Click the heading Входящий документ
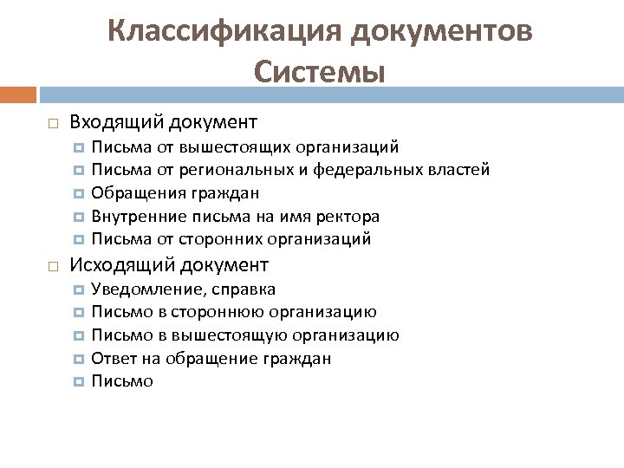pos(162,120)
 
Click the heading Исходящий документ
pos(169,264)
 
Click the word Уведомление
pos(142,289)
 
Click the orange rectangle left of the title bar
pos(17,93)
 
